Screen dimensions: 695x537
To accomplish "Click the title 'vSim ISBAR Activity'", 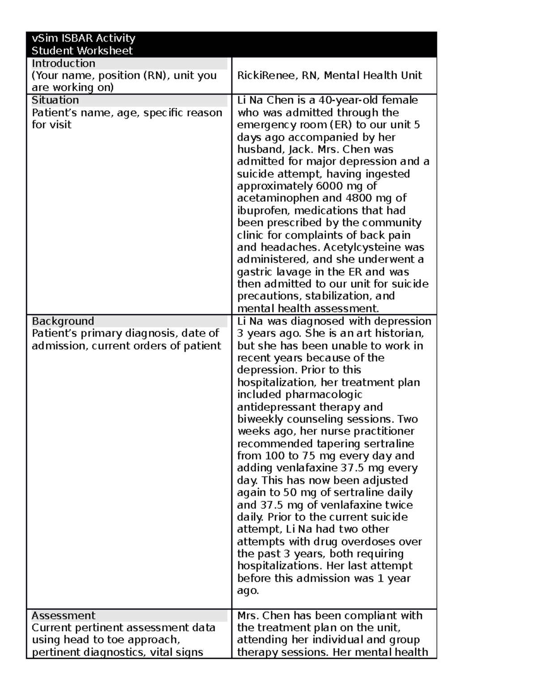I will click(x=83, y=38).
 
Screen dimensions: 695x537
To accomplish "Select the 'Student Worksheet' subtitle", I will click(x=82, y=51).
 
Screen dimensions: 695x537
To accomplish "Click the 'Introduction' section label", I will click(x=63, y=63).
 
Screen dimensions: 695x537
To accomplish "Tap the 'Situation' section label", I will click(x=55, y=100).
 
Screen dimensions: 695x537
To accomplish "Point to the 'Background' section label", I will click(x=63, y=321).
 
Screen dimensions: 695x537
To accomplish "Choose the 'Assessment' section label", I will click(x=63, y=615).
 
